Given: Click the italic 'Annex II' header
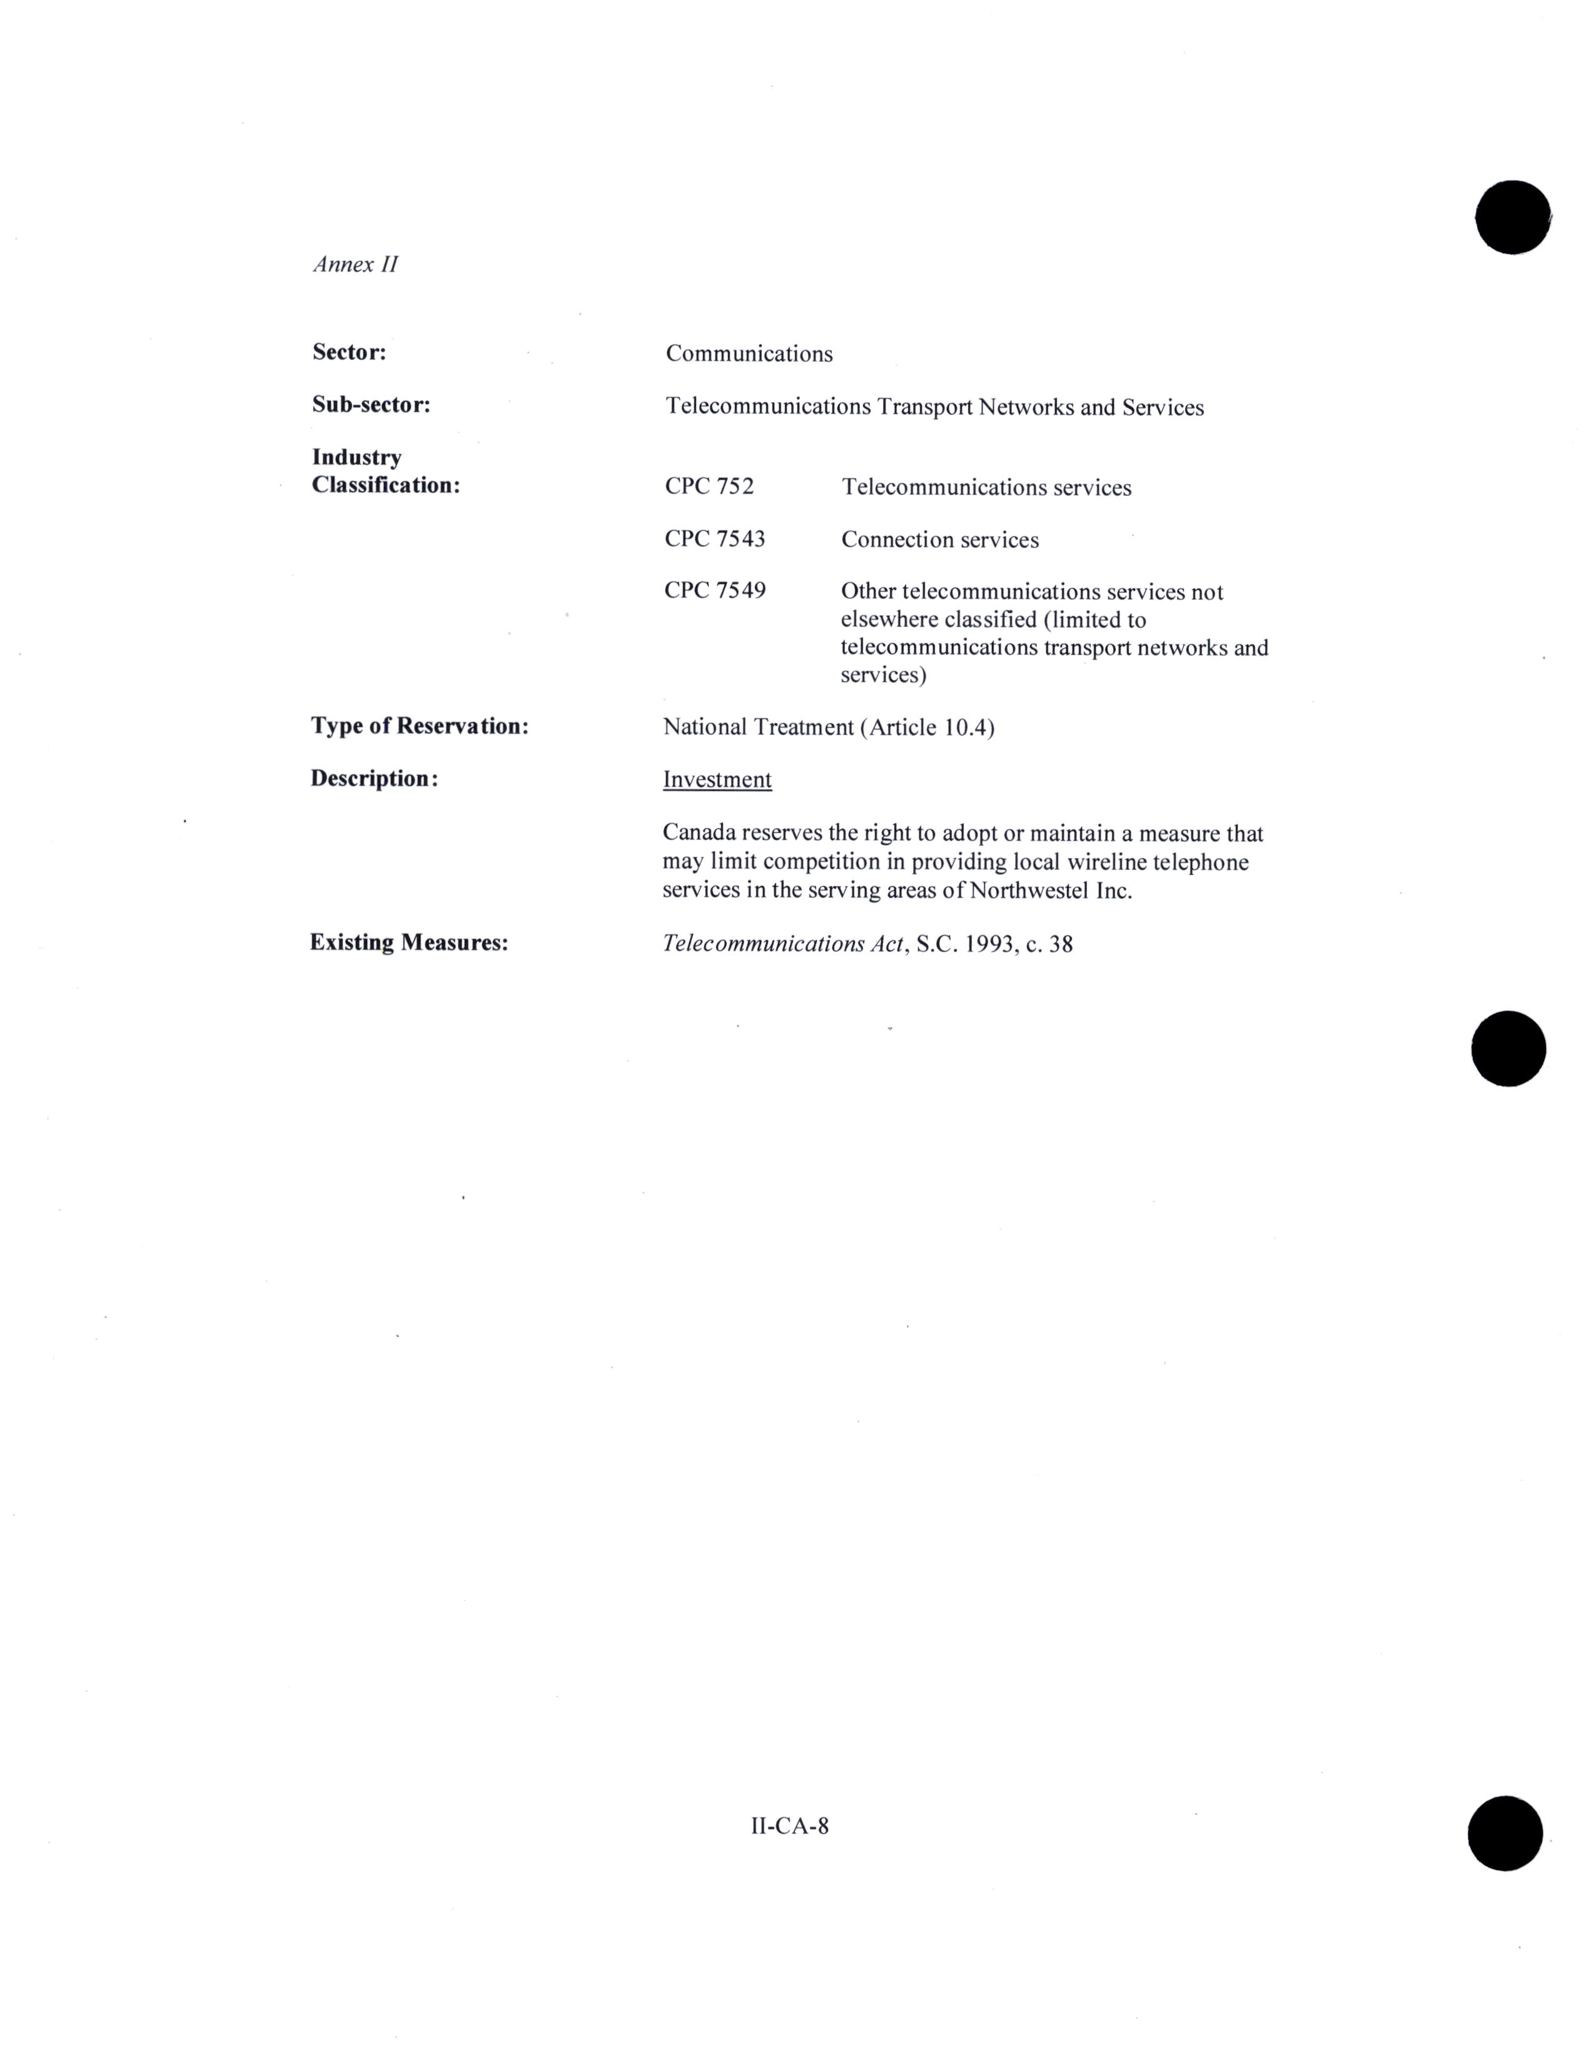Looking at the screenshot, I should [x=355, y=264].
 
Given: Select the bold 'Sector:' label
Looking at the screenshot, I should [x=349, y=352].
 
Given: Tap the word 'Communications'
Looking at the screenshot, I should [x=749, y=354].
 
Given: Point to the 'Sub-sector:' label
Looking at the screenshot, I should [x=371, y=405].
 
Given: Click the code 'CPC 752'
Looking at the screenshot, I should [x=709, y=487].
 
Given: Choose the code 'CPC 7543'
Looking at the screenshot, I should [x=714, y=538].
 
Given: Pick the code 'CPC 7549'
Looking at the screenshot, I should [x=714, y=590].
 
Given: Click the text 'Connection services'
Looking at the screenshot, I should [x=939, y=540].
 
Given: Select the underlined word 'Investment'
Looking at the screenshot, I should [x=717, y=780].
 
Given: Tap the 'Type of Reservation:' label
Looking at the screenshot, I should [x=419, y=726].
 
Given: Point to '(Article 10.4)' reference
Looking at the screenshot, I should [x=927, y=727].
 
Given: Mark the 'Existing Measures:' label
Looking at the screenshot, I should [x=408, y=942].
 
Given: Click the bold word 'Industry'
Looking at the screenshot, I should [x=356, y=457].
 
